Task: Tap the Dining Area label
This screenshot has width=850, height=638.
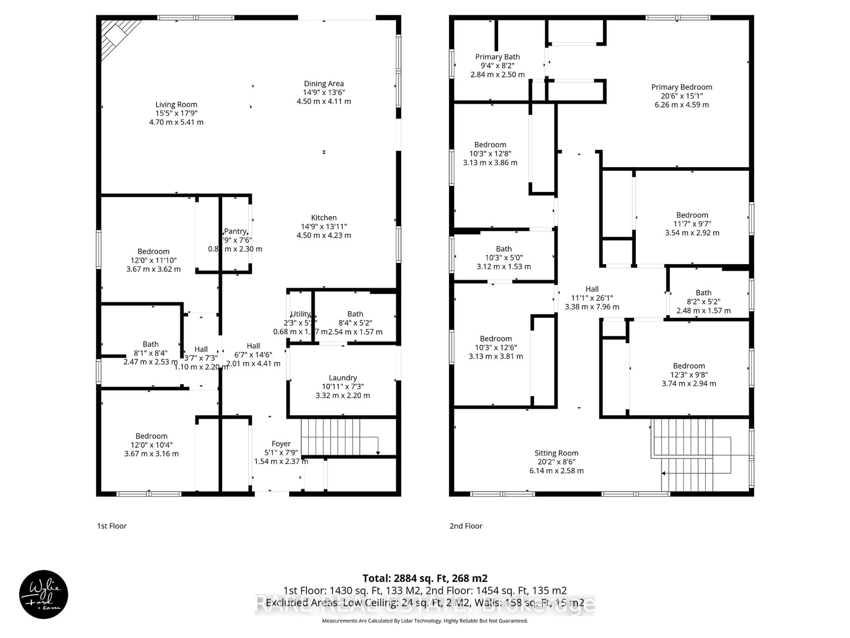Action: (x=324, y=84)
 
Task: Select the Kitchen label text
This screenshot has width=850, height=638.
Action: (x=324, y=218)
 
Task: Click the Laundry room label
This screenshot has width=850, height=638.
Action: (x=342, y=378)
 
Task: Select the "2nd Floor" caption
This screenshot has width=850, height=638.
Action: (x=466, y=526)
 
